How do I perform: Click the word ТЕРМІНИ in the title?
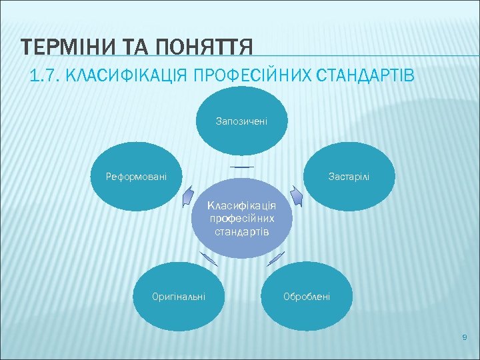tap(59, 48)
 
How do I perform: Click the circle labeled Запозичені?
tap(241, 121)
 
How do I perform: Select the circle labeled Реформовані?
tap(136, 177)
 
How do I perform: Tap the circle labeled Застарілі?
tap(349, 177)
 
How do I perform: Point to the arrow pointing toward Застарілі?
tap(297, 197)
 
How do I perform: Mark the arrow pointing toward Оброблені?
tap(275, 259)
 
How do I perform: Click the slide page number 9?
tap(465, 339)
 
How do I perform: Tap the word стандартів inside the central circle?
tap(241, 231)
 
